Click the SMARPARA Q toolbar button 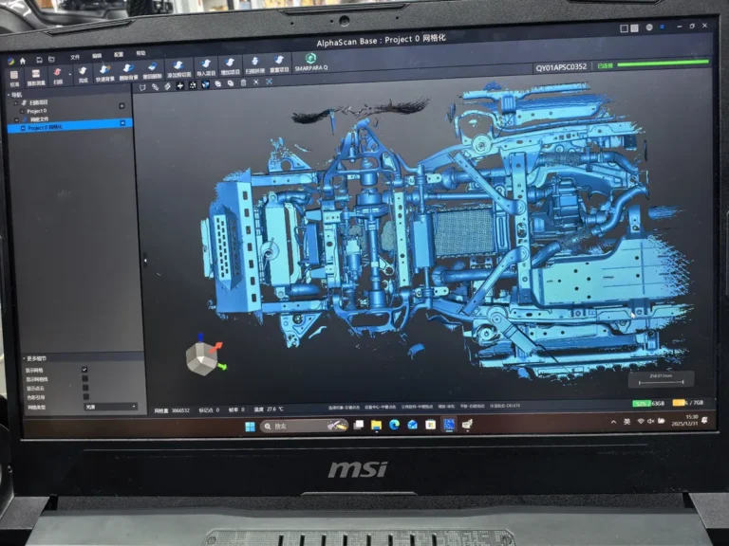(310, 62)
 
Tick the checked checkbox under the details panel (84, 370)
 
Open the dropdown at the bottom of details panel (110, 407)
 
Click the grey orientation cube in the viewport (201, 358)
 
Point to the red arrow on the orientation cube (217, 345)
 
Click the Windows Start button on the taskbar (250, 427)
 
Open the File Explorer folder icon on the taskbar (376, 426)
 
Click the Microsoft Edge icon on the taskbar (394, 426)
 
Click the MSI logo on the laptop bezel (358, 469)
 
